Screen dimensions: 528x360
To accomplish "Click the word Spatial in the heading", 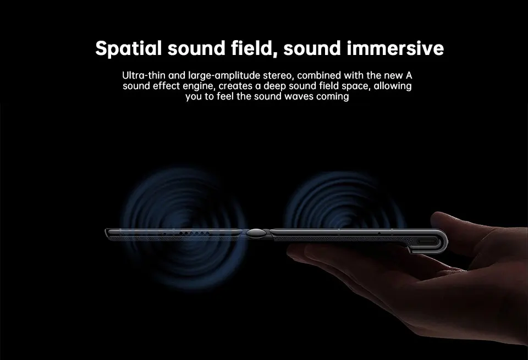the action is (x=128, y=48).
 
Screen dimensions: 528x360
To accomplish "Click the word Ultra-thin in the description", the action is (x=144, y=75).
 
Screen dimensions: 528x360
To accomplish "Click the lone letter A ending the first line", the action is (x=409, y=75).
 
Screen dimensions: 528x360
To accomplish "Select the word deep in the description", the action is (x=274, y=86).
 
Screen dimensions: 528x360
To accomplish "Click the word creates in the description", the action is (x=235, y=86).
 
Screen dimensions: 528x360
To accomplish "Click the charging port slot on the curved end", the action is (x=428, y=241).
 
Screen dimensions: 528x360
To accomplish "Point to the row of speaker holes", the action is (x=193, y=232).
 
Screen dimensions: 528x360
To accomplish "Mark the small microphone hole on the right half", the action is (x=379, y=233).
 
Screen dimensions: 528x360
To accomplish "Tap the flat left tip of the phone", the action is (x=106, y=232).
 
